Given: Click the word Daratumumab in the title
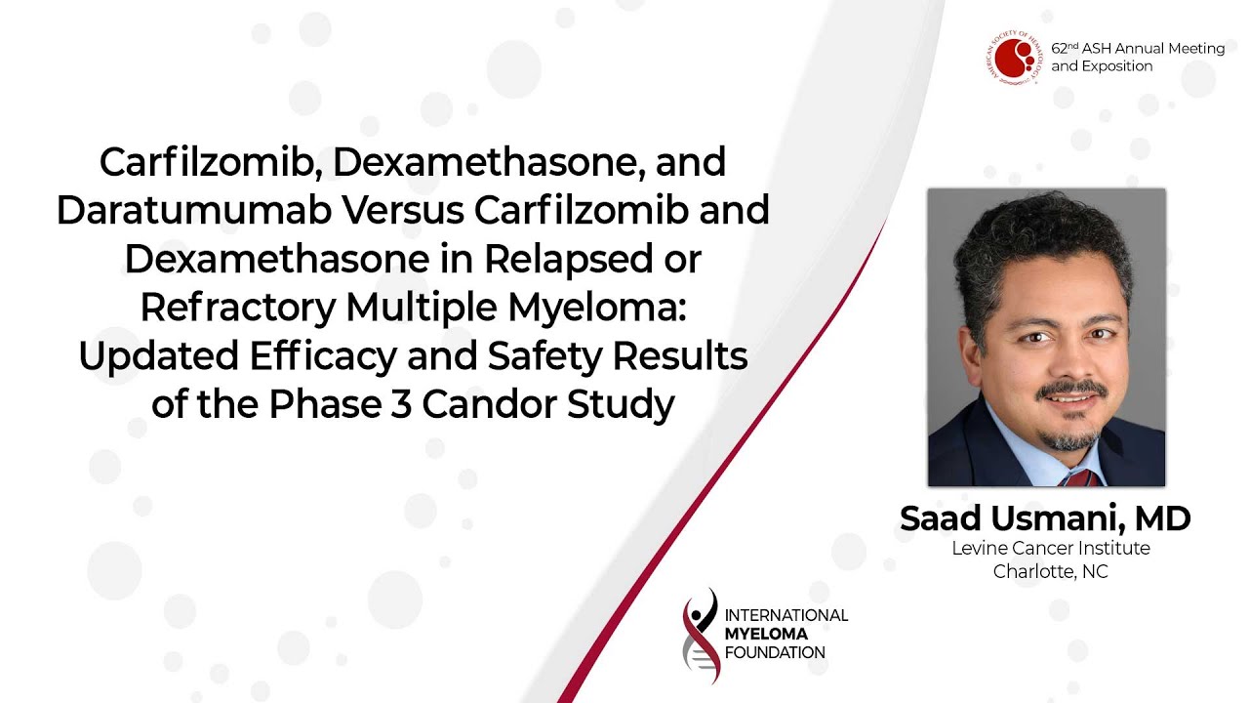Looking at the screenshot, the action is (x=194, y=210).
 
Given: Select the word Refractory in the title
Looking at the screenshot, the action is (x=237, y=309).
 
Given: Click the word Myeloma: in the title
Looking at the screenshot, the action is (x=596, y=309).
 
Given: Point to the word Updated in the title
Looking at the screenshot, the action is (x=159, y=357).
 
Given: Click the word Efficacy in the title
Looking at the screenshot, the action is (x=323, y=357).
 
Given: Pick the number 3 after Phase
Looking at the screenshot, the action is (x=401, y=404).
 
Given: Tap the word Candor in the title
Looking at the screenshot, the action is (x=489, y=404).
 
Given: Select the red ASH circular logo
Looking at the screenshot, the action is (x=1013, y=58).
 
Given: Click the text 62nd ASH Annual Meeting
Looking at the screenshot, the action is (x=1138, y=49).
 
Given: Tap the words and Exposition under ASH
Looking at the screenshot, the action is (x=1102, y=66).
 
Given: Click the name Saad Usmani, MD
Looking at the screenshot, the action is (x=1045, y=518).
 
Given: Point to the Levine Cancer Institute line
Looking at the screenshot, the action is (x=1051, y=549).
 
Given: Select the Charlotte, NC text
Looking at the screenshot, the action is (x=1051, y=572).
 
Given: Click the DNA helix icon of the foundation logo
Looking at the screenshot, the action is (x=701, y=636).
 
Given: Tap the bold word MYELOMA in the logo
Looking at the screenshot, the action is (x=766, y=634).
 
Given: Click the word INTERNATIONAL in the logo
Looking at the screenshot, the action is (x=786, y=615).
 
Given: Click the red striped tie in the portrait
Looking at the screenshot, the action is (x=1080, y=477).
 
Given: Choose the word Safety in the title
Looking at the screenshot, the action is (x=544, y=357).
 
